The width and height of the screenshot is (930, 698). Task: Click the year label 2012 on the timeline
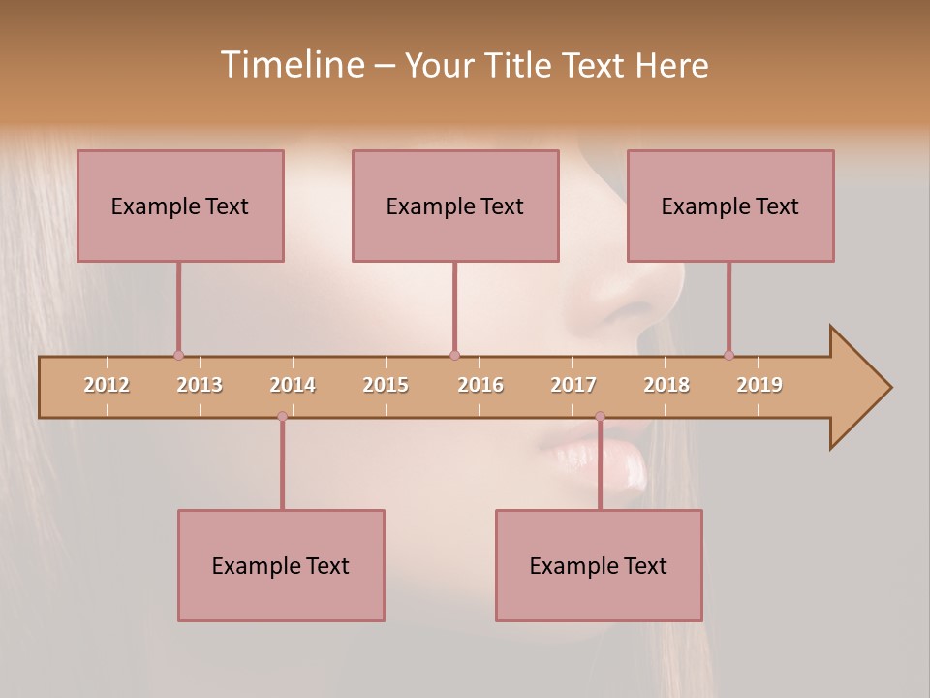coord(107,385)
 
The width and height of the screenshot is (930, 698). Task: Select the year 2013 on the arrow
coord(200,385)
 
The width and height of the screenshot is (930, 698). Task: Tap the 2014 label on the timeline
coord(293,385)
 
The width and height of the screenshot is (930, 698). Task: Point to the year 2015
coord(386,385)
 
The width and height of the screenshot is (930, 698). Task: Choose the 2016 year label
coord(480,385)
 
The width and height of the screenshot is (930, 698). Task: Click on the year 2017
coord(573,385)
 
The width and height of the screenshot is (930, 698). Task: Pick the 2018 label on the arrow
coord(666,385)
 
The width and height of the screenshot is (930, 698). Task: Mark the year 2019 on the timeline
coord(759,385)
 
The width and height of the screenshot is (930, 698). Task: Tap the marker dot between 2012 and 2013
coord(178,356)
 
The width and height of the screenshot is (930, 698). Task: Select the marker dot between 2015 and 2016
coord(454,356)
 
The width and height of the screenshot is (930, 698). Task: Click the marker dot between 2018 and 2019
coord(728,356)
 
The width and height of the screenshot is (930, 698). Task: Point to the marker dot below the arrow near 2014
coord(282,417)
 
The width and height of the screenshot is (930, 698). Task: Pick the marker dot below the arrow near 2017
coord(600,417)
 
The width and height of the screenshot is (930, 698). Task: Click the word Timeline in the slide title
coord(291,65)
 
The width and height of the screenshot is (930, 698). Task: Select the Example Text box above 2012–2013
coord(180,206)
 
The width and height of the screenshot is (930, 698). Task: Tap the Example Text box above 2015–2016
coord(455,206)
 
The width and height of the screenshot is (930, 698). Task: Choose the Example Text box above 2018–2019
coord(730,206)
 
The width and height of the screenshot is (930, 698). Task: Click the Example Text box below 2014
coord(281,565)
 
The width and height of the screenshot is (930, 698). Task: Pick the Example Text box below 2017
coord(599,565)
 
